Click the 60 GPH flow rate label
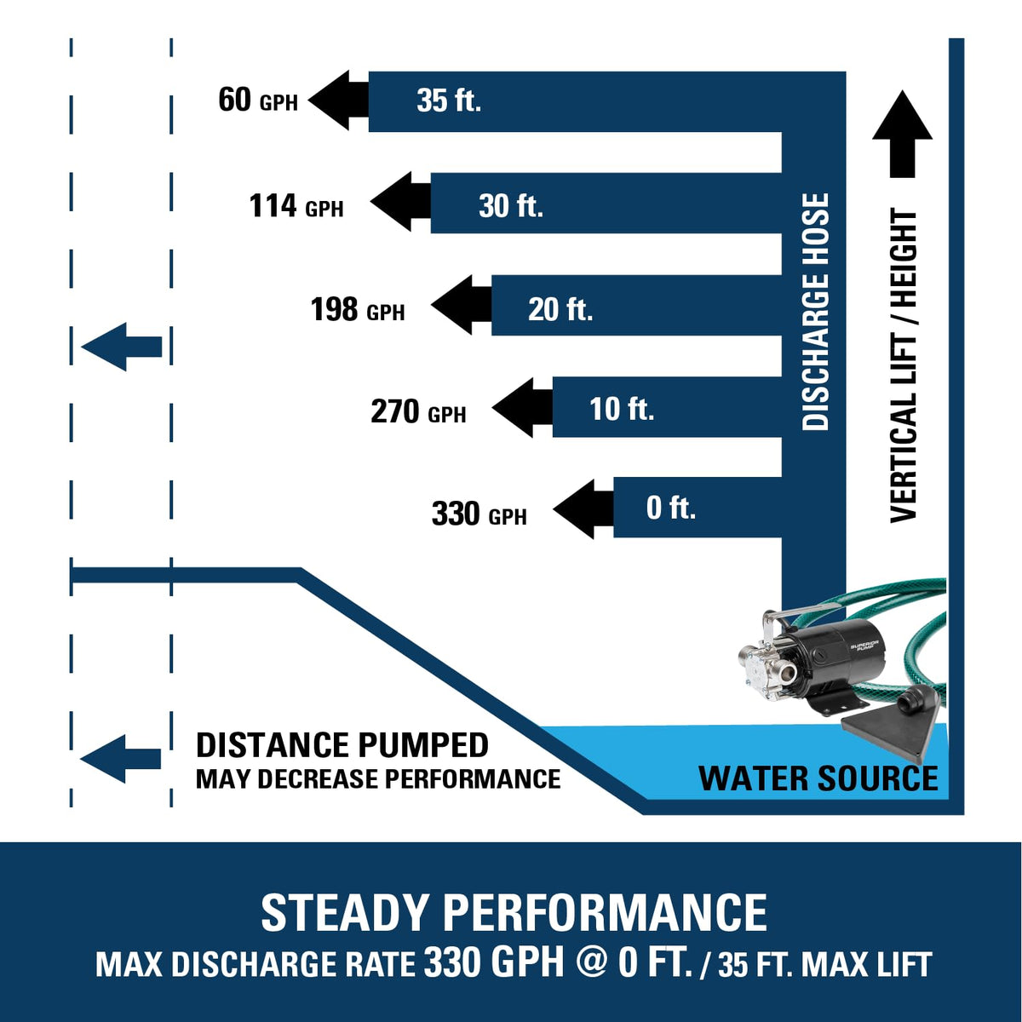(x=258, y=100)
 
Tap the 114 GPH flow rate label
(x=296, y=206)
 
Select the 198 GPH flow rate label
(x=358, y=309)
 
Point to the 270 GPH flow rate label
(x=418, y=411)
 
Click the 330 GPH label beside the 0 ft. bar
(x=479, y=514)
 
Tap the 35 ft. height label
(x=449, y=100)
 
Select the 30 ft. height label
(x=511, y=206)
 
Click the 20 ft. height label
(x=560, y=309)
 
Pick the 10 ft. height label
(x=622, y=410)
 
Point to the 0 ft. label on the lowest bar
(x=671, y=508)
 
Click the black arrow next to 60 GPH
(x=338, y=100)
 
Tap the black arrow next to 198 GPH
(x=462, y=305)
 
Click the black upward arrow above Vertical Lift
(x=903, y=134)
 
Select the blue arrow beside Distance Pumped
(x=120, y=759)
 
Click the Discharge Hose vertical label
(x=815, y=312)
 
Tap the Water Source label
(x=818, y=778)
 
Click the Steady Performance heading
(x=514, y=911)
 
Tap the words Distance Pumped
(x=342, y=745)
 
